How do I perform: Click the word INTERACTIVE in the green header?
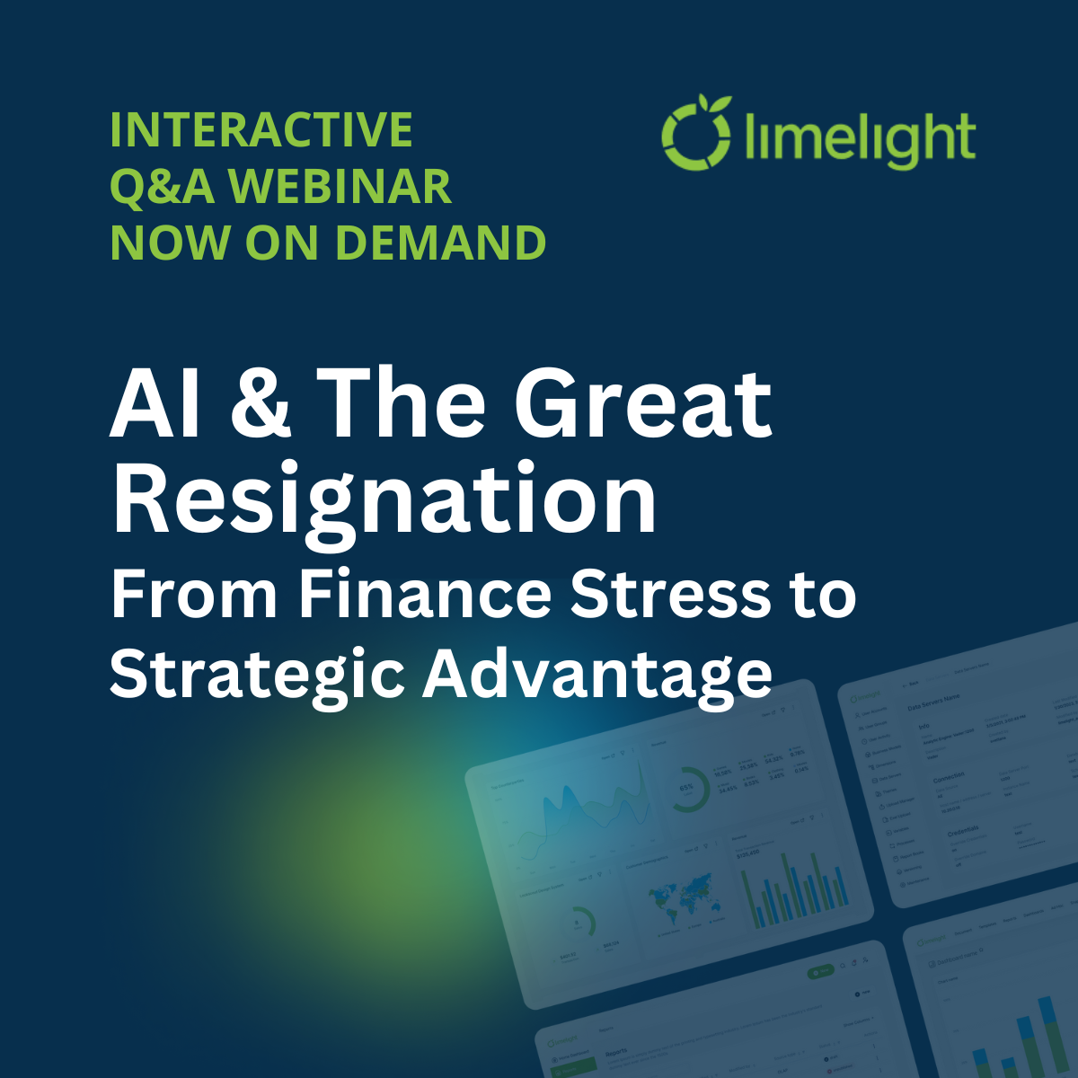point(261,130)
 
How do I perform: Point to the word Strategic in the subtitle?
point(257,674)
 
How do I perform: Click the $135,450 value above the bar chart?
point(747,853)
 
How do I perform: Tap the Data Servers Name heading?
point(933,697)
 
